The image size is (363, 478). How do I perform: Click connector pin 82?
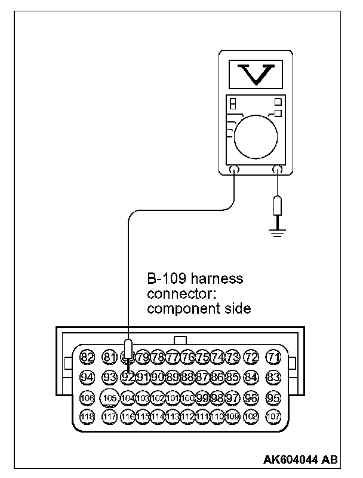pos(87,357)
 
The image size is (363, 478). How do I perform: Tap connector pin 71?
pos(274,357)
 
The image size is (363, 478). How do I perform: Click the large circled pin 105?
pos(110,397)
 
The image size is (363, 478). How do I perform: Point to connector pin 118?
pos(87,416)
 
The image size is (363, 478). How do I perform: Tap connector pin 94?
pos(87,377)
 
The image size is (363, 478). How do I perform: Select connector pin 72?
pos(251,357)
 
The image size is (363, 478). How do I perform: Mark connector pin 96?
pos(251,397)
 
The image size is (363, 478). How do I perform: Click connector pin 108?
pos(251,416)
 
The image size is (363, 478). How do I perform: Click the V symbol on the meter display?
pos(255,72)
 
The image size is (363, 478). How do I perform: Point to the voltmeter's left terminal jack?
pos(234,170)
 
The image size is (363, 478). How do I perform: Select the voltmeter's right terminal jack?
pos(276,170)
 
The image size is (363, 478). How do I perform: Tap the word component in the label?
pos(177,309)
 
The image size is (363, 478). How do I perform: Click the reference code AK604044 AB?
pos(300,459)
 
